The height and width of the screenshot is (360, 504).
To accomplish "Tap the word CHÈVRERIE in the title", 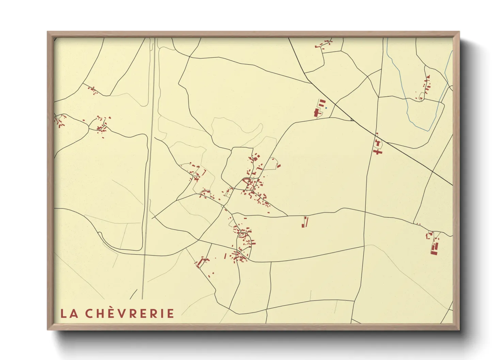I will click(130, 313).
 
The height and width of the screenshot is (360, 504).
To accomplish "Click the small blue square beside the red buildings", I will click(326, 108).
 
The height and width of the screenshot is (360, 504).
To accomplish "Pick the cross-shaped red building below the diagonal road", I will click(377, 151).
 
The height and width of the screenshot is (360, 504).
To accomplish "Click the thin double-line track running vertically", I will click(149, 170).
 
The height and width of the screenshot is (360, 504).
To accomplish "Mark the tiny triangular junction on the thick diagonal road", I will click(352, 119).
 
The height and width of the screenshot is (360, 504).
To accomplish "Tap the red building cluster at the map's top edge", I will click(324, 44).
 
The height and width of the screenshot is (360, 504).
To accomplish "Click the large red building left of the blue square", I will click(316, 113).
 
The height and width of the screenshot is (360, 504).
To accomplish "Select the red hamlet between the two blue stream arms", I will click(425, 87).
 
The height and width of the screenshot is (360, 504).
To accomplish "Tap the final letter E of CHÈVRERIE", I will click(171, 313).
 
